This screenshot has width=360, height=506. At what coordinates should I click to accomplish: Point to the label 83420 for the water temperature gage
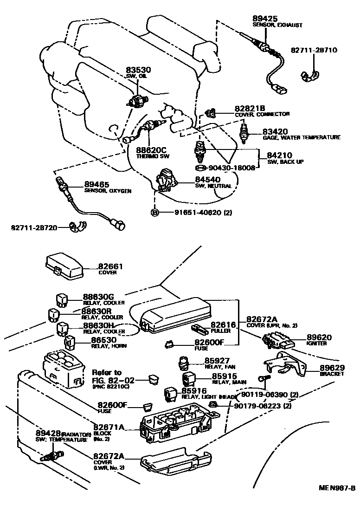click(x=275, y=131)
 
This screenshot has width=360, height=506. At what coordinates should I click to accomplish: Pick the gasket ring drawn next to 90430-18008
click(x=199, y=168)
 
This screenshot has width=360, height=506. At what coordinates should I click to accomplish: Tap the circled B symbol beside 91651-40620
click(x=154, y=213)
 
